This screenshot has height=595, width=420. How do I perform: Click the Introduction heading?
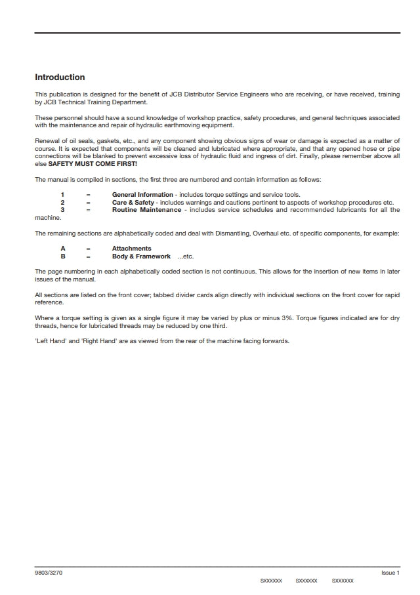click(x=60, y=77)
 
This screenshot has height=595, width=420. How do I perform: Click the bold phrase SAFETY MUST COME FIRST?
click(x=93, y=163)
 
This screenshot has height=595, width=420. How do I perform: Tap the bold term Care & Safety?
click(x=133, y=203)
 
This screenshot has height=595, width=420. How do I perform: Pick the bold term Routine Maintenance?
click(x=146, y=210)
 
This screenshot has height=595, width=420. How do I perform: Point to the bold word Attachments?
click(x=131, y=249)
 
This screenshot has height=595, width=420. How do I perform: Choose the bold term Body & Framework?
click(x=141, y=256)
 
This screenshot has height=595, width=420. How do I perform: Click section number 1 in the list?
click(x=62, y=195)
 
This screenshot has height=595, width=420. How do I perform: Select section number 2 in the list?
click(x=62, y=203)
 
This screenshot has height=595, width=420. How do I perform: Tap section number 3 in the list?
click(x=62, y=210)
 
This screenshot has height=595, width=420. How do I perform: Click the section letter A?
click(x=62, y=249)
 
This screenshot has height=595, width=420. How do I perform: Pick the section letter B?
click(x=62, y=256)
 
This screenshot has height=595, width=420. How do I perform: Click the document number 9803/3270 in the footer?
click(x=49, y=573)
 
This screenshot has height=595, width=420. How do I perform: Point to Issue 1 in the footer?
click(x=390, y=573)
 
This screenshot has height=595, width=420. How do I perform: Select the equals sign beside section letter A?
click(x=87, y=249)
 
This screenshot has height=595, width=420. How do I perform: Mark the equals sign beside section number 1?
click(x=87, y=195)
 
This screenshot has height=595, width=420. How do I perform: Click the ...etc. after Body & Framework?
click(x=186, y=256)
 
